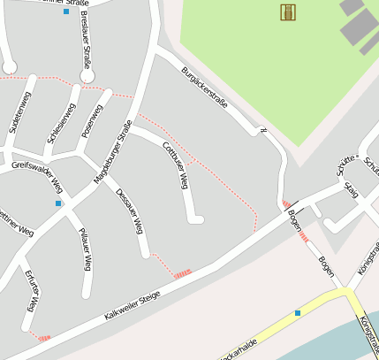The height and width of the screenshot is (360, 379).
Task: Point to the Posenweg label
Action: click(92, 119)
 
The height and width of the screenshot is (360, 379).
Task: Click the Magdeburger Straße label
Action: click(112, 151)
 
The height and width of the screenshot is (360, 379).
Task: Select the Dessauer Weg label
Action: click(129, 211)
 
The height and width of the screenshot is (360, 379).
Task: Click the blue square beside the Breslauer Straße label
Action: click(66, 11)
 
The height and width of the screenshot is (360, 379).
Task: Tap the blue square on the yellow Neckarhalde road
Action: click(298, 313)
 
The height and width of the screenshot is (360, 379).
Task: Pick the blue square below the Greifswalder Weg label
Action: click(59, 203)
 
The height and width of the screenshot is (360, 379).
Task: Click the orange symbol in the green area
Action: click(287, 11)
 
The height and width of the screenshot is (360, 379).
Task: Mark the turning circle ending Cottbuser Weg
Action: click(198, 219)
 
